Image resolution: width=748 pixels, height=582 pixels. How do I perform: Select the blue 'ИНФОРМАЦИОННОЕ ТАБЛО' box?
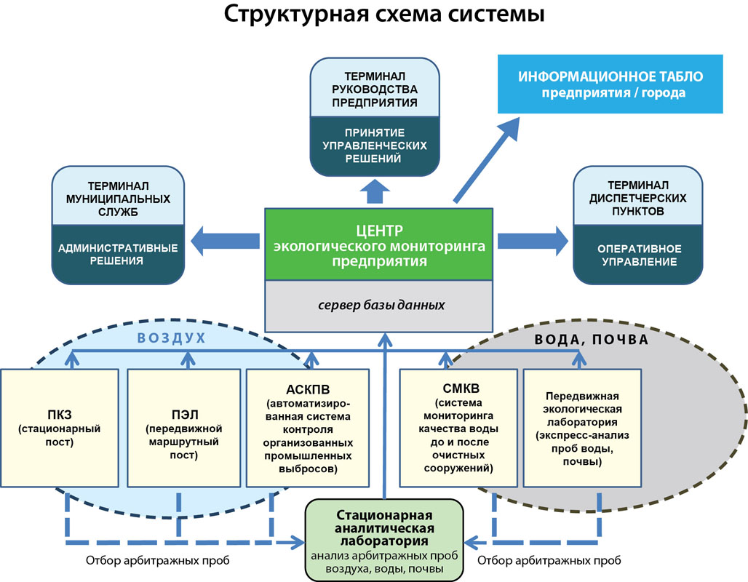tap(610, 84)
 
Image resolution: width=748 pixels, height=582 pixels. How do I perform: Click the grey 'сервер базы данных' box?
tap(381, 305)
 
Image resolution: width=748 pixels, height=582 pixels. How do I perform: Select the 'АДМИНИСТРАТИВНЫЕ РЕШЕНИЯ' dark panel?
tap(118, 253)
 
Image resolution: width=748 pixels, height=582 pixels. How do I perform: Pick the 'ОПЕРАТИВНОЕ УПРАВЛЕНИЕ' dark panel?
tap(637, 255)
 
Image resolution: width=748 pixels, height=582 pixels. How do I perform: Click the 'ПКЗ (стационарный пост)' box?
tap(59, 428)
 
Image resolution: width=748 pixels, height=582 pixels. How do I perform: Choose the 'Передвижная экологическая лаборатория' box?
tap(582, 428)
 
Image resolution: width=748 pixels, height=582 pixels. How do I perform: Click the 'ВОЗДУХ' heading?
tap(172, 339)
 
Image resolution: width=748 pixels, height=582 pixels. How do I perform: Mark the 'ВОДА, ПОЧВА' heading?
tap(591, 339)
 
